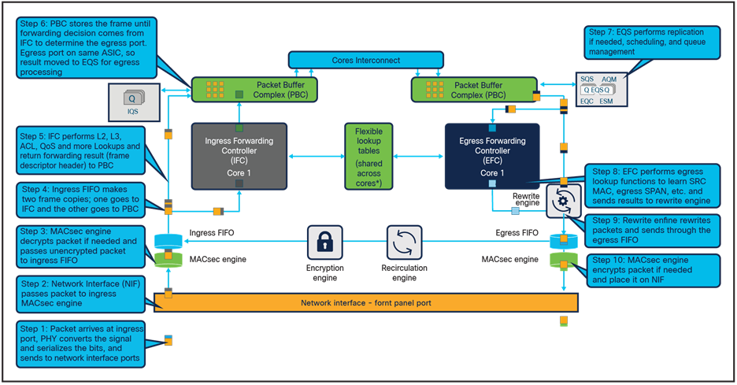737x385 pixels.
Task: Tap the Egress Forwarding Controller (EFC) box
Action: coord(491,156)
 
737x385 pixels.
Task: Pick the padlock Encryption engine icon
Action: coord(324,239)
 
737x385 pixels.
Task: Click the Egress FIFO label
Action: coord(516,233)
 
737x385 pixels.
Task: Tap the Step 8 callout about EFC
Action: coord(650,185)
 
